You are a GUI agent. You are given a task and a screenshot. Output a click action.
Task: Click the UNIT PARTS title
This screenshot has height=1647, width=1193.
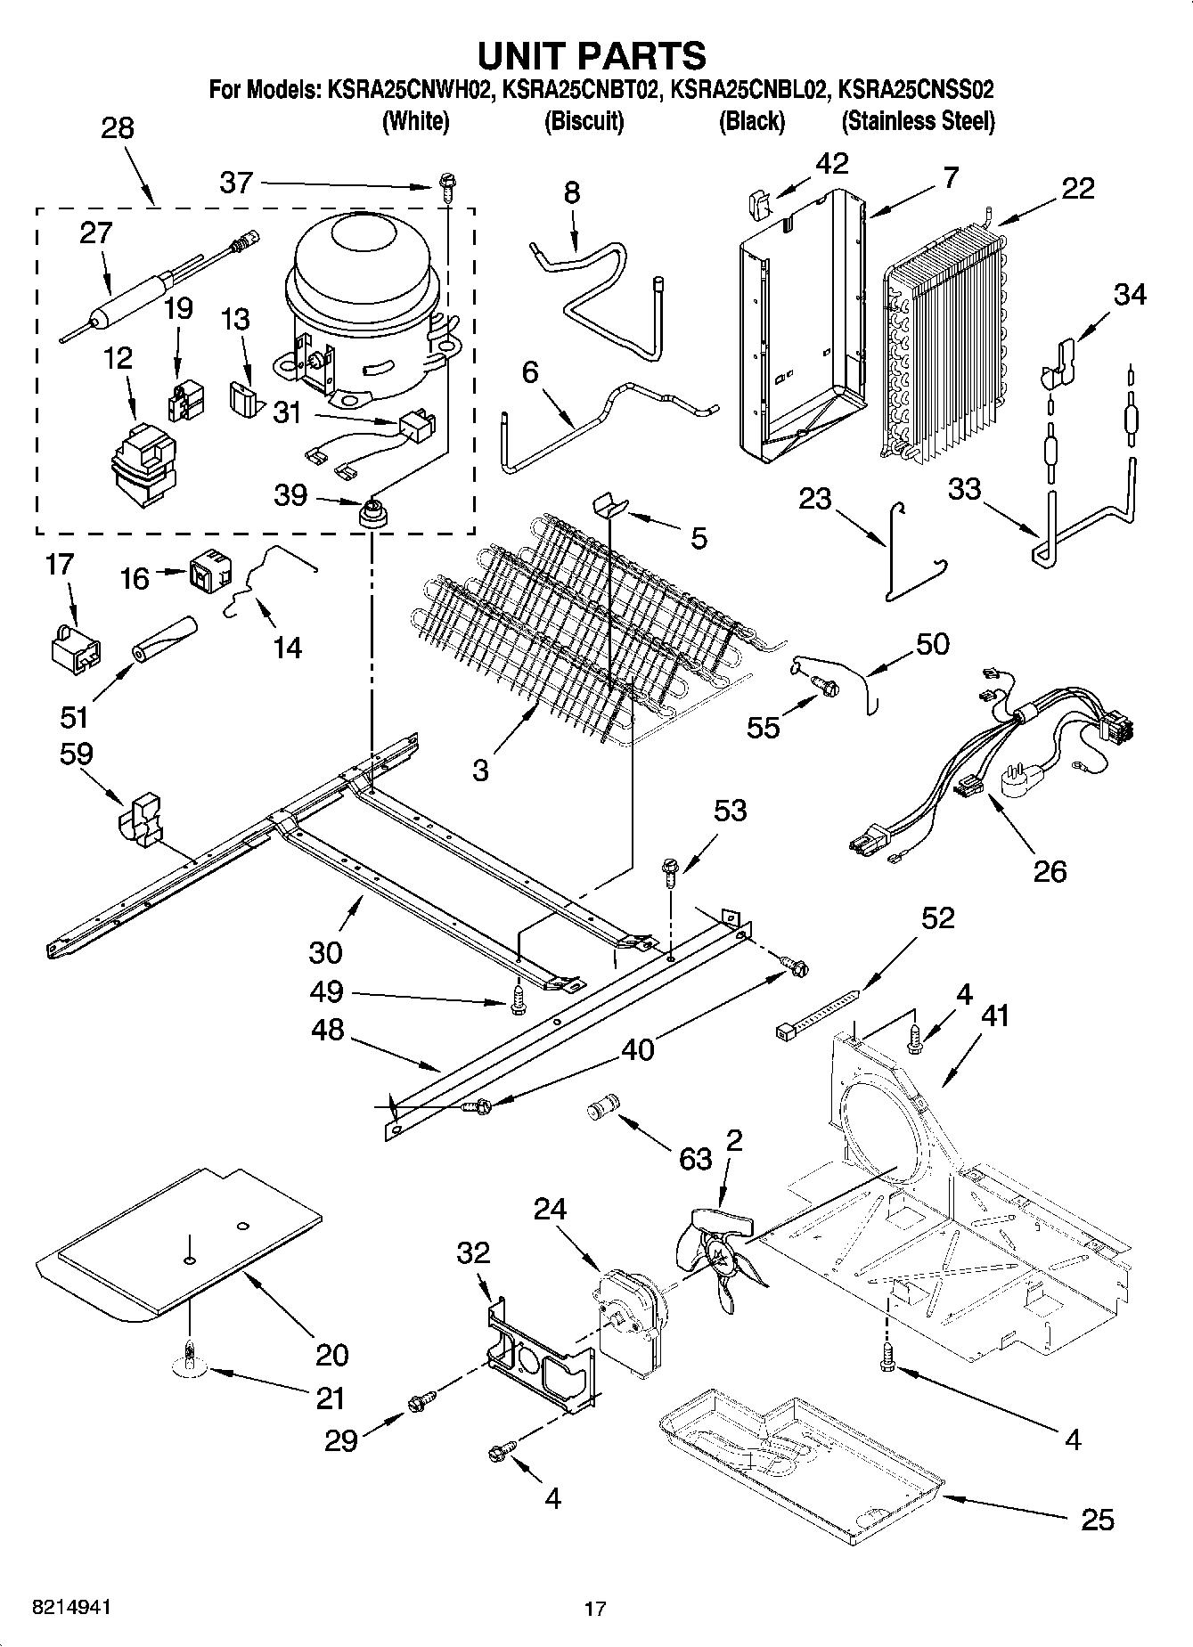tap(592, 55)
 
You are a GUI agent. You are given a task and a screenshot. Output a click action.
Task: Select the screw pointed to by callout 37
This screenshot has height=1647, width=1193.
tap(446, 187)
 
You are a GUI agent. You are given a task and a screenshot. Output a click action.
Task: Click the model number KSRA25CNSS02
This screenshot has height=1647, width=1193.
tap(918, 89)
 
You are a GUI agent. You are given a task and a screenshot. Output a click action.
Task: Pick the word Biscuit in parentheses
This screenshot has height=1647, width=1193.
tap(584, 121)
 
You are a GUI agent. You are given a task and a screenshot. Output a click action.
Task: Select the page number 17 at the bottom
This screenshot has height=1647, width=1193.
tap(595, 1609)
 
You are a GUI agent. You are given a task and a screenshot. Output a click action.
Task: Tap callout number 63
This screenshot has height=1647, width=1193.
tap(695, 1159)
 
